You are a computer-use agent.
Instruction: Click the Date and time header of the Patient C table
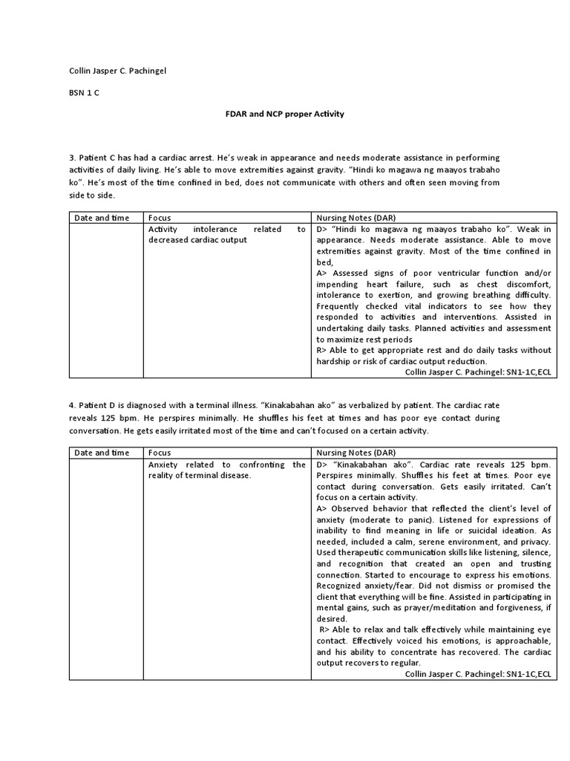(101, 218)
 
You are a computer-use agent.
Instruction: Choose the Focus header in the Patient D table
(160, 453)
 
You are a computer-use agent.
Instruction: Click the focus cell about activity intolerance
(226, 235)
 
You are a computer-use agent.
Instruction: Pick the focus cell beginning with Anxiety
(226, 470)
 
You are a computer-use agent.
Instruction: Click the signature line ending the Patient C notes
(479, 373)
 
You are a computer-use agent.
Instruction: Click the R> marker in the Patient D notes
(324, 629)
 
